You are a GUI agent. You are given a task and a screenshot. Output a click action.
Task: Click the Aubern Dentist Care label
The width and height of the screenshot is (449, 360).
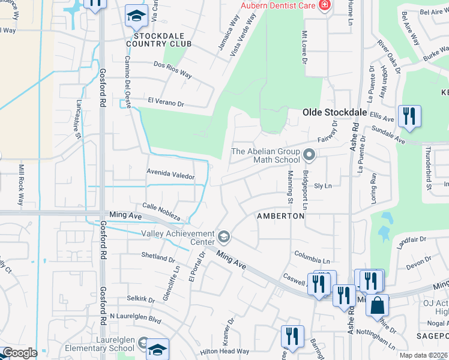(279, 5)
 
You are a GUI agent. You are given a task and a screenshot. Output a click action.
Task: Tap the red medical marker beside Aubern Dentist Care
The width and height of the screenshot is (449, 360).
(325, 5)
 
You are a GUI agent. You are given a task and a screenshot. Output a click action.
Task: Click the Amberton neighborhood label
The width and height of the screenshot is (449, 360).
(281, 215)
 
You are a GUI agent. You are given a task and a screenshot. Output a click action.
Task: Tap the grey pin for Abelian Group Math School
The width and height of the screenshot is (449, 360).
(309, 155)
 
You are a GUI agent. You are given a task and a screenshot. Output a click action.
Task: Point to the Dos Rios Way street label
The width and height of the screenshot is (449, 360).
(173, 70)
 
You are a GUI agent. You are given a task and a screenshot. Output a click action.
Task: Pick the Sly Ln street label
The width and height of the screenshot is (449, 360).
(323, 186)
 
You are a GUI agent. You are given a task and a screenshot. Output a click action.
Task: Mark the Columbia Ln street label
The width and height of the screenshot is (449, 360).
(312, 257)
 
